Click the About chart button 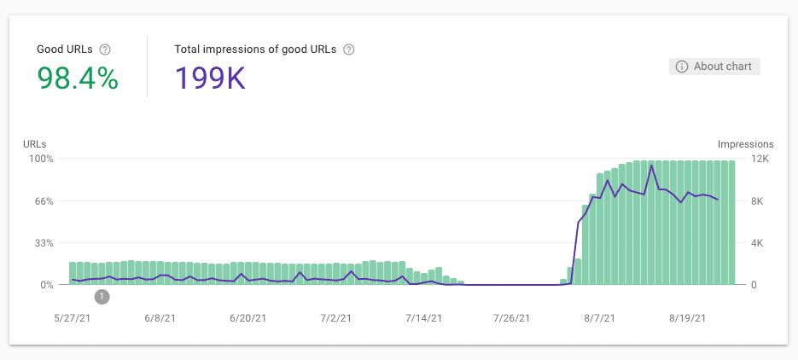coord(714,67)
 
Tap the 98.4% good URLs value coord(78,79)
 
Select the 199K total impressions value coord(210,79)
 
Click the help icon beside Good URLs coord(105,49)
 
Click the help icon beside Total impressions coord(348,49)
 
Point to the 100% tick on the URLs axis coord(42,159)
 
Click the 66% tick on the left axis coord(44,201)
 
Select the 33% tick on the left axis coord(44,243)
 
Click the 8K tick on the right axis coord(758,201)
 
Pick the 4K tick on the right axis coord(758,243)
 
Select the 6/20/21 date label coord(248,318)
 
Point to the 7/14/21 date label coord(423,318)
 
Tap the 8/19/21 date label coord(687,318)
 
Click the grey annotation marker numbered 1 coord(102,297)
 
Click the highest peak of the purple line coord(652,165)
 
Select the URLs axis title coord(34,144)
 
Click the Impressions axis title coord(745,144)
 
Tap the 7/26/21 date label coord(511,318)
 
